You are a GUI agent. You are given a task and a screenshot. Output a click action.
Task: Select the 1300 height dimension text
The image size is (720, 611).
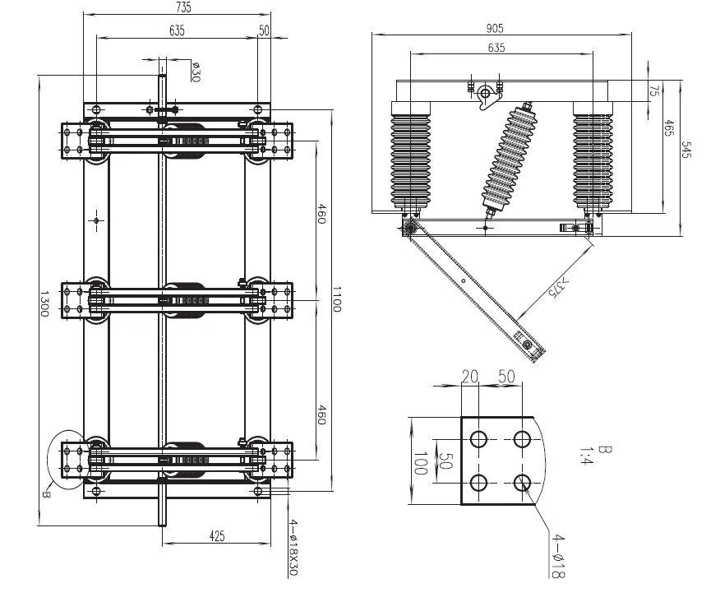[44, 301]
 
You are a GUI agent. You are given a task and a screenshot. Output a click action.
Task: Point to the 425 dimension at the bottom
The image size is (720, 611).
[217, 535]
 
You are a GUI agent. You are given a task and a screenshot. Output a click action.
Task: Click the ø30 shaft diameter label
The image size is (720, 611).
[196, 72]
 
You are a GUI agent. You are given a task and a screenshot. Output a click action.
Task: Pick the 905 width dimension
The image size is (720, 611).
[501, 25]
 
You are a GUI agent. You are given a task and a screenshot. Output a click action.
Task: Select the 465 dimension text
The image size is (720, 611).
[670, 132]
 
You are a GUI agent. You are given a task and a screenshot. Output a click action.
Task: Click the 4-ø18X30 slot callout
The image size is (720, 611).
[293, 547]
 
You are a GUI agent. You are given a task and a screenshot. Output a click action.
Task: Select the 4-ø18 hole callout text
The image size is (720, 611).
[558, 557]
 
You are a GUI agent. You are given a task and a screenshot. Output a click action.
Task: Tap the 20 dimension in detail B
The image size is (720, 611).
[469, 376]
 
